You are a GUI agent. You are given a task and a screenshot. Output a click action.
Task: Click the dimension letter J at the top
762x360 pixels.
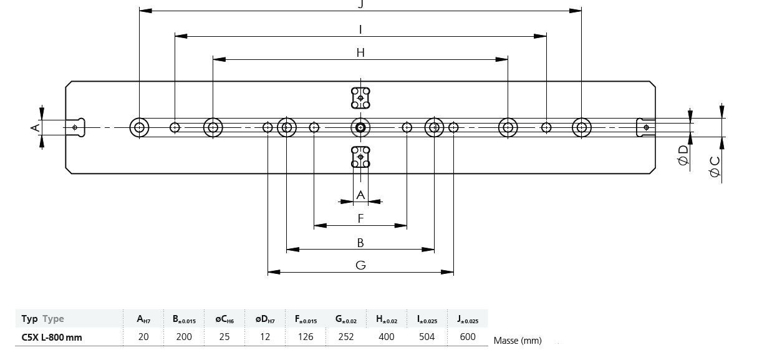[x=360, y=4]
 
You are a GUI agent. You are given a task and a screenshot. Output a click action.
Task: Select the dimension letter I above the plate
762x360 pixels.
[x=360, y=29]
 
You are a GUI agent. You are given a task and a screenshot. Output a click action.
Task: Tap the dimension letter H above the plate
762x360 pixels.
[x=360, y=52]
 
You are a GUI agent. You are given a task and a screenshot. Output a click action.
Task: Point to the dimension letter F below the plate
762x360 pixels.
[x=360, y=218]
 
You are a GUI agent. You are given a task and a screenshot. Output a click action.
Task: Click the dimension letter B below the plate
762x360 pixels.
[x=360, y=243]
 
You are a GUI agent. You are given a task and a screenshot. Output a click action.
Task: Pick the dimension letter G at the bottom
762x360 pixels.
[x=360, y=265]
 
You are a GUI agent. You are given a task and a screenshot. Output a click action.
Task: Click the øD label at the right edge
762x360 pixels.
[x=683, y=155]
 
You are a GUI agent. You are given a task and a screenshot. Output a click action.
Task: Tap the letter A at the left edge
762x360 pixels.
[x=36, y=127]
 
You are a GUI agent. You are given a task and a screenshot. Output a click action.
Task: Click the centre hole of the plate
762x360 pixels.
[x=360, y=128]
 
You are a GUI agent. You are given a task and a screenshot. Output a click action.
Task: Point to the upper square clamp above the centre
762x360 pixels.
[x=360, y=97]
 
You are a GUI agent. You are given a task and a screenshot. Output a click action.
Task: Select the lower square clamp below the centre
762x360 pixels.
[x=360, y=157]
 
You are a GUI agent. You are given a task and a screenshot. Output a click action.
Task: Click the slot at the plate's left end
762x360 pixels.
[x=75, y=127]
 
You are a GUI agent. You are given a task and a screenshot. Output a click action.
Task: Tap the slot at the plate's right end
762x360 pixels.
[x=645, y=127]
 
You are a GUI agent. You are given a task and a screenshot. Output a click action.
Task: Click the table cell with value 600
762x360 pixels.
[x=467, y=337]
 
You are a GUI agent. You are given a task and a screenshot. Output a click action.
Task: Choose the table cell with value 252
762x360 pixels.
[x=346, y=337]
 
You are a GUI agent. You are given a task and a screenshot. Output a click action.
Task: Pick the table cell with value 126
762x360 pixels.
[x=306, y=337]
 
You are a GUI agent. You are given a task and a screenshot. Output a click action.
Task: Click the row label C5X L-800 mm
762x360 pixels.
[x=52, y=338]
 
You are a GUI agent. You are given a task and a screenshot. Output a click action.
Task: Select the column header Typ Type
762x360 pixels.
[x=42, y=319]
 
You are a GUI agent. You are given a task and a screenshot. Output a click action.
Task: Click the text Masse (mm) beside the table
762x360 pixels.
[x=517, y=341]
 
